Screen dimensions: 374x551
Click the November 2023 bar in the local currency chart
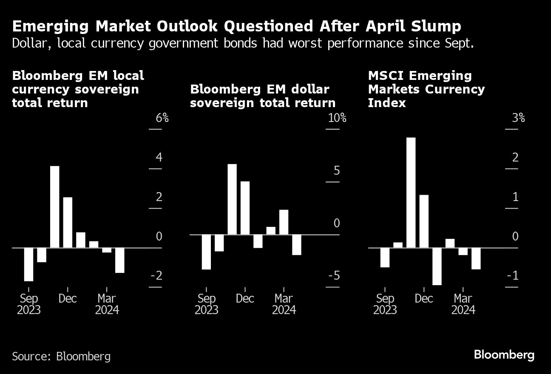[55, 207]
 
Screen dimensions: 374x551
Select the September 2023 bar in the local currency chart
[29, 264]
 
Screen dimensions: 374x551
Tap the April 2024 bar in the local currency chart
[120, 260]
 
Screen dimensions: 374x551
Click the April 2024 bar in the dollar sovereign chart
[297, 244]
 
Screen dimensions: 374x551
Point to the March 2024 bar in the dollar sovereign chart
[284, 222]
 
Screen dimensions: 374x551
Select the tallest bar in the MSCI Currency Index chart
[411, 192]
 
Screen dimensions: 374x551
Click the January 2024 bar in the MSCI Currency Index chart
[437, 266]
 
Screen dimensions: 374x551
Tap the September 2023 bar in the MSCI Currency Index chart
[385, 257]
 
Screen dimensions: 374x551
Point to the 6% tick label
[162, 118]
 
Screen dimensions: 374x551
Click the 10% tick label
[338, 118]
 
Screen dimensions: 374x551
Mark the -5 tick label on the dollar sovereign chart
[334, 276]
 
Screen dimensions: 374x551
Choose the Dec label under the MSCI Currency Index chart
[424, 299]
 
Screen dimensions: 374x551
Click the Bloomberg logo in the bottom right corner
[504, 355]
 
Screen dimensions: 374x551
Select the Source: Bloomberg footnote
[61, 356]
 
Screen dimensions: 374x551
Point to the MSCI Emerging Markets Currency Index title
[426, 89]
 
